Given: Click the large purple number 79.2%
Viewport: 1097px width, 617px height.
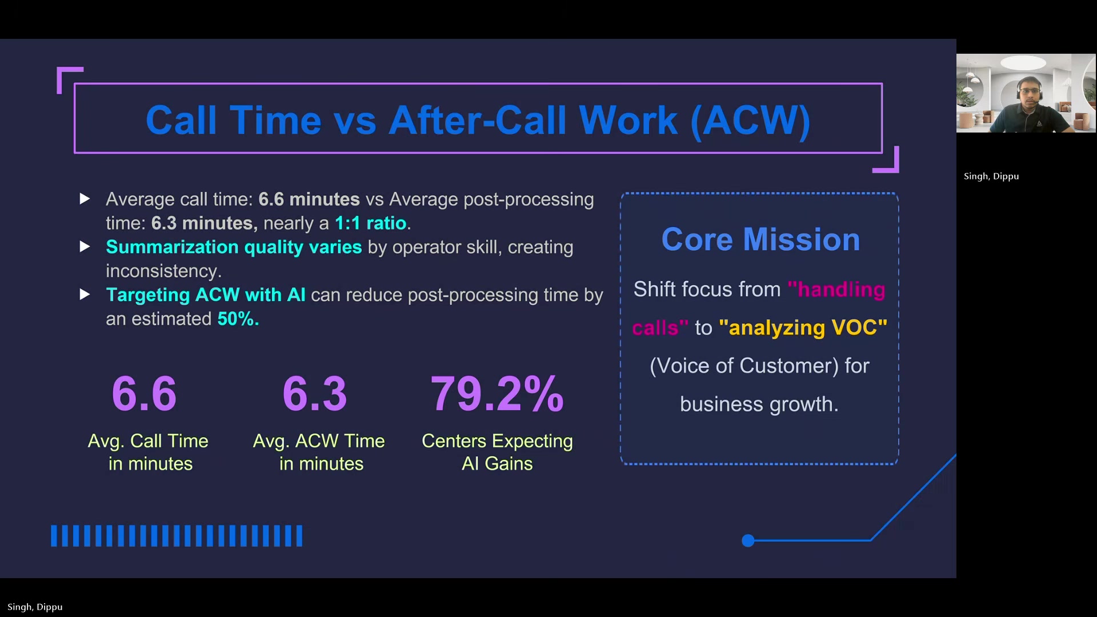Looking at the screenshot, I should coord(497,394).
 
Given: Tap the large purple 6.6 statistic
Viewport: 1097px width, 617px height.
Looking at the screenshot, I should coord(144,394).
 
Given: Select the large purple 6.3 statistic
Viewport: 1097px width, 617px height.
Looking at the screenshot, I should coord(315,394).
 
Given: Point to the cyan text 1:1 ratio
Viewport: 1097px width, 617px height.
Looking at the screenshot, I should coord(370,223).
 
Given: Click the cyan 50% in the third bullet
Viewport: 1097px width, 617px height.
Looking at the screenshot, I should coord(238,319).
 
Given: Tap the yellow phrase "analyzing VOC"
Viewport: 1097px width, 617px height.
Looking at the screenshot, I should coord(803,328).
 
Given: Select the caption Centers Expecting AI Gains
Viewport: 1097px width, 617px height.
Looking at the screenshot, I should coord(497,452).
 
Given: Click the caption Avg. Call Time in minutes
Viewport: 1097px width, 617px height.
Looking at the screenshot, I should coord(149,452).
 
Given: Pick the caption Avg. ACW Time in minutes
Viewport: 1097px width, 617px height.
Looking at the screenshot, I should coord(319,452).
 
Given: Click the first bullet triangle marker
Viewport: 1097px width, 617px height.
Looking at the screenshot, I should coord(85,199).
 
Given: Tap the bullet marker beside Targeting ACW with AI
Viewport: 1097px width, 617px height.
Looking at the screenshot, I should coord(85,295).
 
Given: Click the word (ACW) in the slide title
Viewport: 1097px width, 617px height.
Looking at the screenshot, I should coord(750,121).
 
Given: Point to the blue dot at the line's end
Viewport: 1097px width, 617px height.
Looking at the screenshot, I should coord(748,540).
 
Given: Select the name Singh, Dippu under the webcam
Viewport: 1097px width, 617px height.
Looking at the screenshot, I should coord(991,176).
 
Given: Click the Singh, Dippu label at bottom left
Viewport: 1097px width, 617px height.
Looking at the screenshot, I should coord(35,607).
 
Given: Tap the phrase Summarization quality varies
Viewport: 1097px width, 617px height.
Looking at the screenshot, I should coord(234,247).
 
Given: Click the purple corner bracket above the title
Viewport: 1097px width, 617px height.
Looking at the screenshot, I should coord(69,78).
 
